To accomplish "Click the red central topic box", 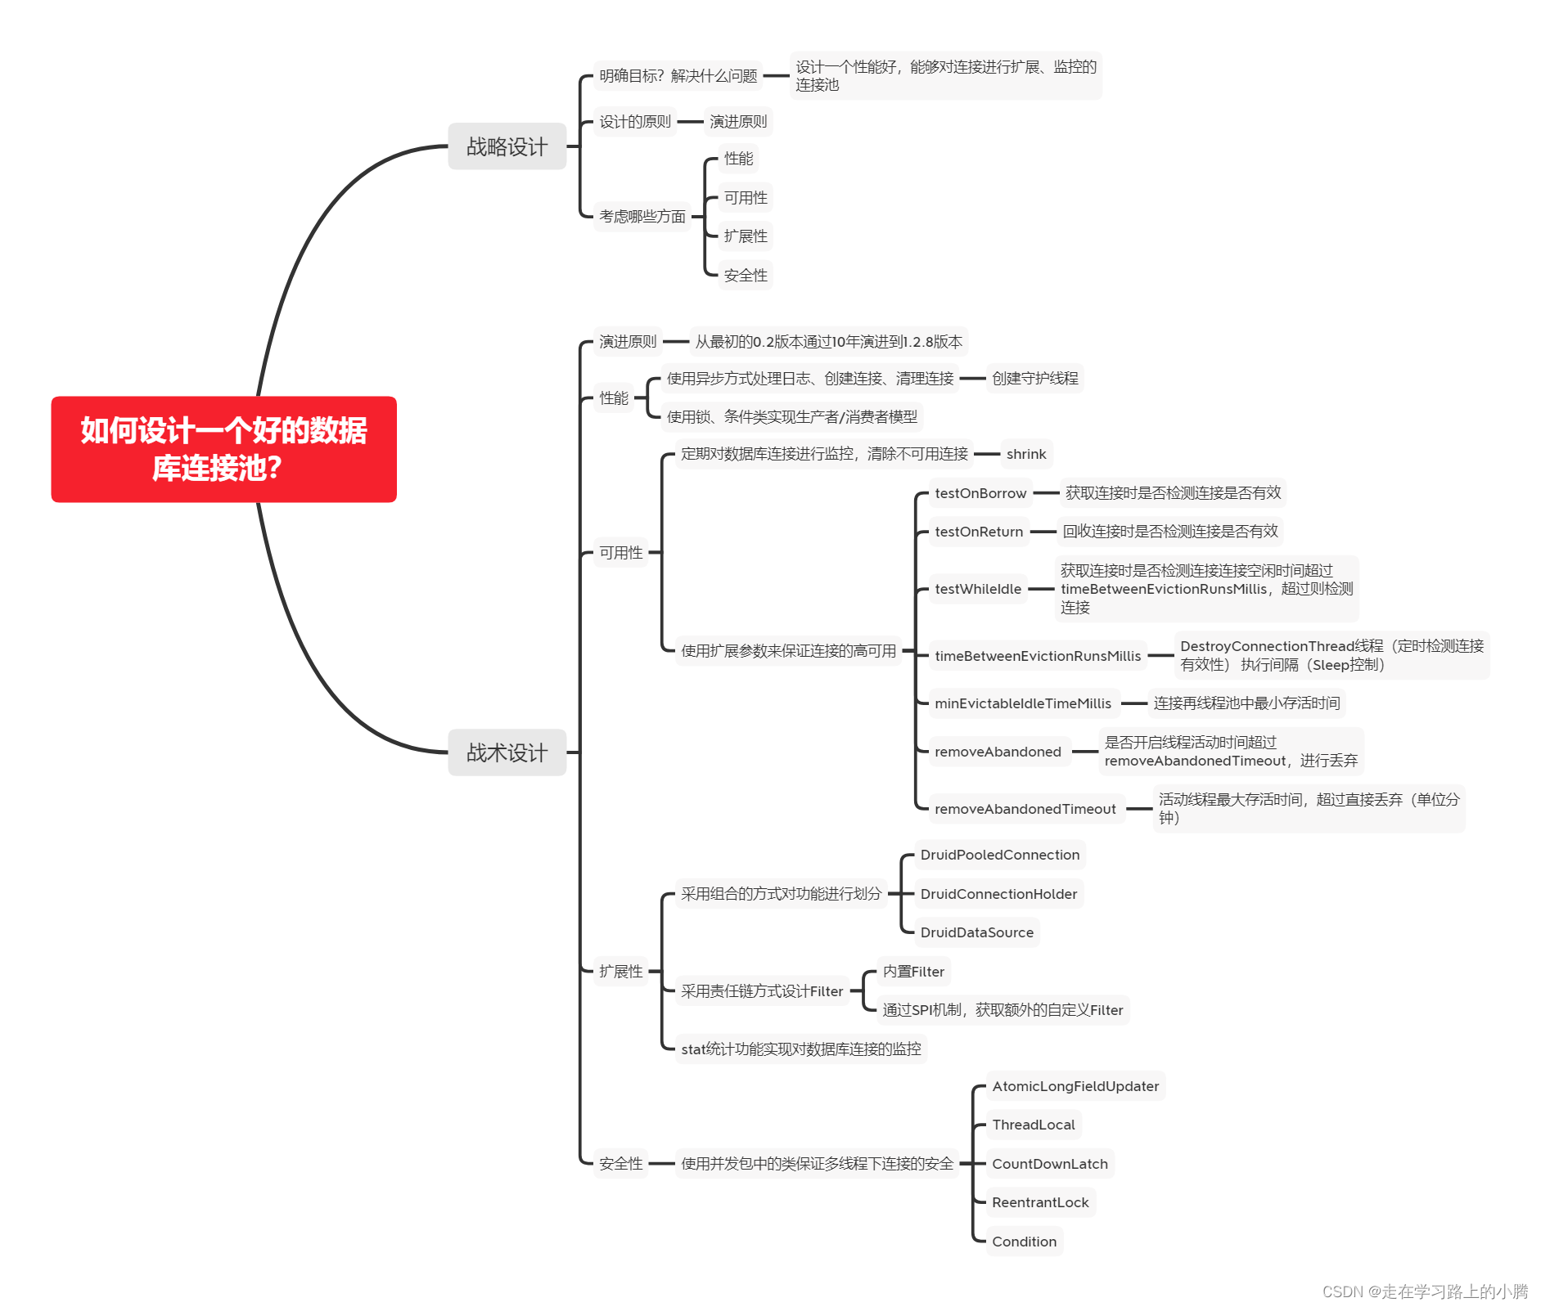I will tap(223, 449).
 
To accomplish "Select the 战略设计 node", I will tap(507, 146).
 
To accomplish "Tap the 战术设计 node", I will tap(507, 752).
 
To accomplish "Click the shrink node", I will tap(1025, 454).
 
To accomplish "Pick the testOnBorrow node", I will tap(980, 493).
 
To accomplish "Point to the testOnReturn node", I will tap(978, 532).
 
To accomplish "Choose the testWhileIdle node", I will tap(977, 589).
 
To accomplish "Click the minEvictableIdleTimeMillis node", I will tap(1022, 703).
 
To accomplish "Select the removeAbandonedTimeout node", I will tap(1025, 809).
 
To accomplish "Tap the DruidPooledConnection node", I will tap(999, 855).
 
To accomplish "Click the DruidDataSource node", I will tap(976, 932).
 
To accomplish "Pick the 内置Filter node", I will tap(912, 972).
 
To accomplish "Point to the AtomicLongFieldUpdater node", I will tap(1075, 1086).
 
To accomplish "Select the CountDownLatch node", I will tap(1049, 1164).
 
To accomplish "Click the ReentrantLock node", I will tap(1039, 1202).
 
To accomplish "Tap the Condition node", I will tap(1024, 1242).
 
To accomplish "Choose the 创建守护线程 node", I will tap(1034, 379).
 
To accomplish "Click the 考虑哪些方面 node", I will tap(642, 217).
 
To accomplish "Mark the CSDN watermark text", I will tap(1425, 1291).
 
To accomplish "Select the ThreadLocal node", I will tap(1033, 1125).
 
